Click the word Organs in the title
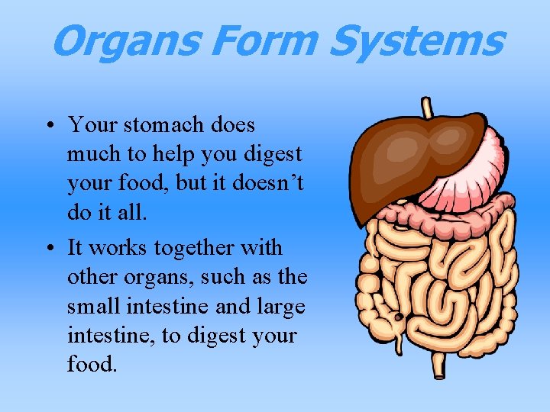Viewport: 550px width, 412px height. pos(118,41)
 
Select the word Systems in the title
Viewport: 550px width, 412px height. pos(416,41)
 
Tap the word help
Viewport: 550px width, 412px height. pos(173,154)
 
